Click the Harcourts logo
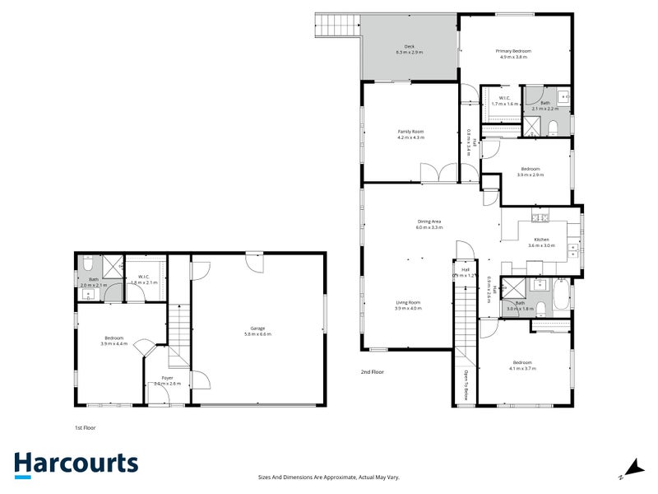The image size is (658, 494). coord(76,463)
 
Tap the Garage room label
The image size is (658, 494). coord(259,329)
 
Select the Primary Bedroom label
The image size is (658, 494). coord(513,51)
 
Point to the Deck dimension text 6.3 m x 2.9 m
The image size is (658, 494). coord(409,52)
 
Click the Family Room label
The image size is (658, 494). coord(410,132)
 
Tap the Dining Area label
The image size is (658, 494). coord(429,221)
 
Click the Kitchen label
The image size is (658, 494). coord(540,240)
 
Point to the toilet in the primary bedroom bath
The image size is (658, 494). coord(554,124)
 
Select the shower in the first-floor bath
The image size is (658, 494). coord(113,265)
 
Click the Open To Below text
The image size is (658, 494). coord(466,384)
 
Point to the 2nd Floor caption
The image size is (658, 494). coord(372,372)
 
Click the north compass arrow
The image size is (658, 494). coord(630,467)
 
